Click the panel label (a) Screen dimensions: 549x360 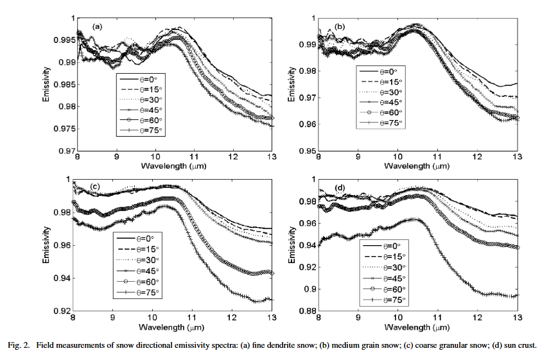[x=97, y=26]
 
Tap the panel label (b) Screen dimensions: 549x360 [x=340, y=26]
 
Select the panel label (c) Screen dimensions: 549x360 [x=95, y=187]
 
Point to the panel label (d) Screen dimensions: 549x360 [x=340, y=188]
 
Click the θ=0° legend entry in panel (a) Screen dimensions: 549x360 [x=140, y=80]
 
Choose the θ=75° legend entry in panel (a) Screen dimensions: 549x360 [x=141, y=130]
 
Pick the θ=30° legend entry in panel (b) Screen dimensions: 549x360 [x=381, y=92]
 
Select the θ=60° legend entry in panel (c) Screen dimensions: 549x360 [x=137, y=282]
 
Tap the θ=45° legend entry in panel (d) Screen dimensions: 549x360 [x=385, y=279]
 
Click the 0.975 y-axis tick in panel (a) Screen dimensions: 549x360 [x=64, y=129]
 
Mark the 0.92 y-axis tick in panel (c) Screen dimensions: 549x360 [x=62, y=311]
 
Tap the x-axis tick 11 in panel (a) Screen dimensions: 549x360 [x=195, y=157]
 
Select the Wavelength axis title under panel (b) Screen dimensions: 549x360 [x=417, y=166]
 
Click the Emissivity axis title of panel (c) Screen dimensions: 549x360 [x=46, y=244]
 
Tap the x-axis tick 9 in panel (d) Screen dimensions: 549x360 [x=358, y=317]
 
